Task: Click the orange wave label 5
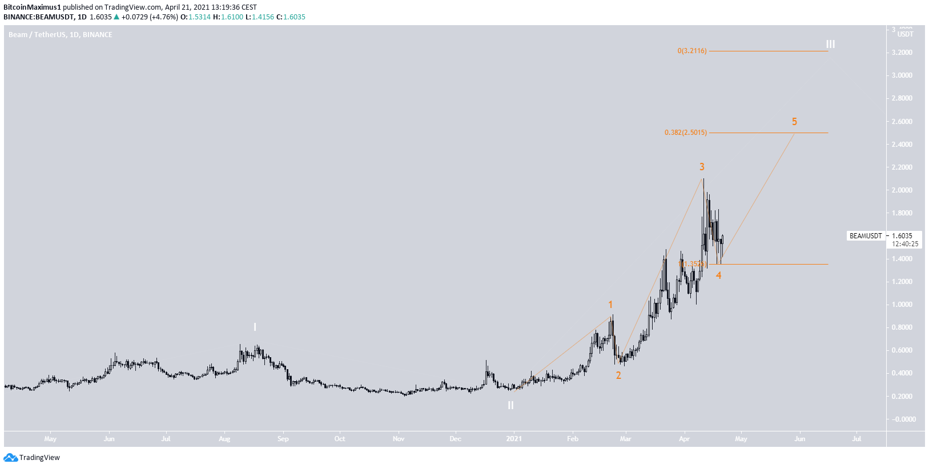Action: pyautogui.click(x=794, y=122)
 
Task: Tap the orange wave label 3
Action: pyautogui.click(x=702, y=167)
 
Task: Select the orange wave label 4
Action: pyautogui.click(x=718, y=275)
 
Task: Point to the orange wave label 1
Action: pyautogui.click(x=610, y=305)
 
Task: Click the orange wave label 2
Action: pyautogui.click(x=618, y=375)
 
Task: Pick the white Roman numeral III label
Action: pyautogui.click(x=830, y=44)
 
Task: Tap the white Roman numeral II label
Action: pyautogui.click(x=510, y=405)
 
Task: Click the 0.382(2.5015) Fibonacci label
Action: pyautogui.click(x=685, y=133)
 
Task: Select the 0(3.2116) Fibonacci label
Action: pyautogui.click(x=692, y=51)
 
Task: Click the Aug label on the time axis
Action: pyautogui.click(x=224, y=439)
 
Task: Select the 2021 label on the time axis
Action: pyautogui.click(x=514, y=439)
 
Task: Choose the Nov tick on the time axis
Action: pyautogui.click(x=399, y=439)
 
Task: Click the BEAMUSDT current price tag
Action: pyautogui.click(x=866, y=236)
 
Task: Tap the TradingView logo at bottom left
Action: pyautogui.click(x=32, y=457)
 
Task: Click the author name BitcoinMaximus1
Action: pyautogui.click(x=32, y=7)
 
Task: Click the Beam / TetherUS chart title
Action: pyautogui.click(x=60, y=35)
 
